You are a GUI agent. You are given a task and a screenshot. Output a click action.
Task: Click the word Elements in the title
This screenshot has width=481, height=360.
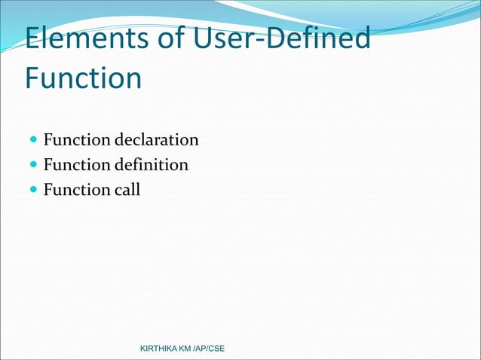point(86,40)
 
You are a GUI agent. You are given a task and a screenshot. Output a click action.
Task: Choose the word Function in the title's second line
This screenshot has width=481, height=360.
point(83,78)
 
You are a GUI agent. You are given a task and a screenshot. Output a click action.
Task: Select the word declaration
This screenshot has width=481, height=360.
point(157,140)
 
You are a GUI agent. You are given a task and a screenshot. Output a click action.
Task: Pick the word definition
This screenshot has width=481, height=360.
point(152,165)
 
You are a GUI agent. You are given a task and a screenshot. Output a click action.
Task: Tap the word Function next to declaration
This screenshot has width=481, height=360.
point(77,140)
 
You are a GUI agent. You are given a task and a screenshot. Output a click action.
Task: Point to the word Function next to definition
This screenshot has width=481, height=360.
point(77,165)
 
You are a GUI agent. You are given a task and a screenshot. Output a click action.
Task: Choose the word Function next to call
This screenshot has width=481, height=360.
point(77,190)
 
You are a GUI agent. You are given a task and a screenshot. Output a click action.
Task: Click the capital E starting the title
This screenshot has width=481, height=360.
point(34,40)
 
